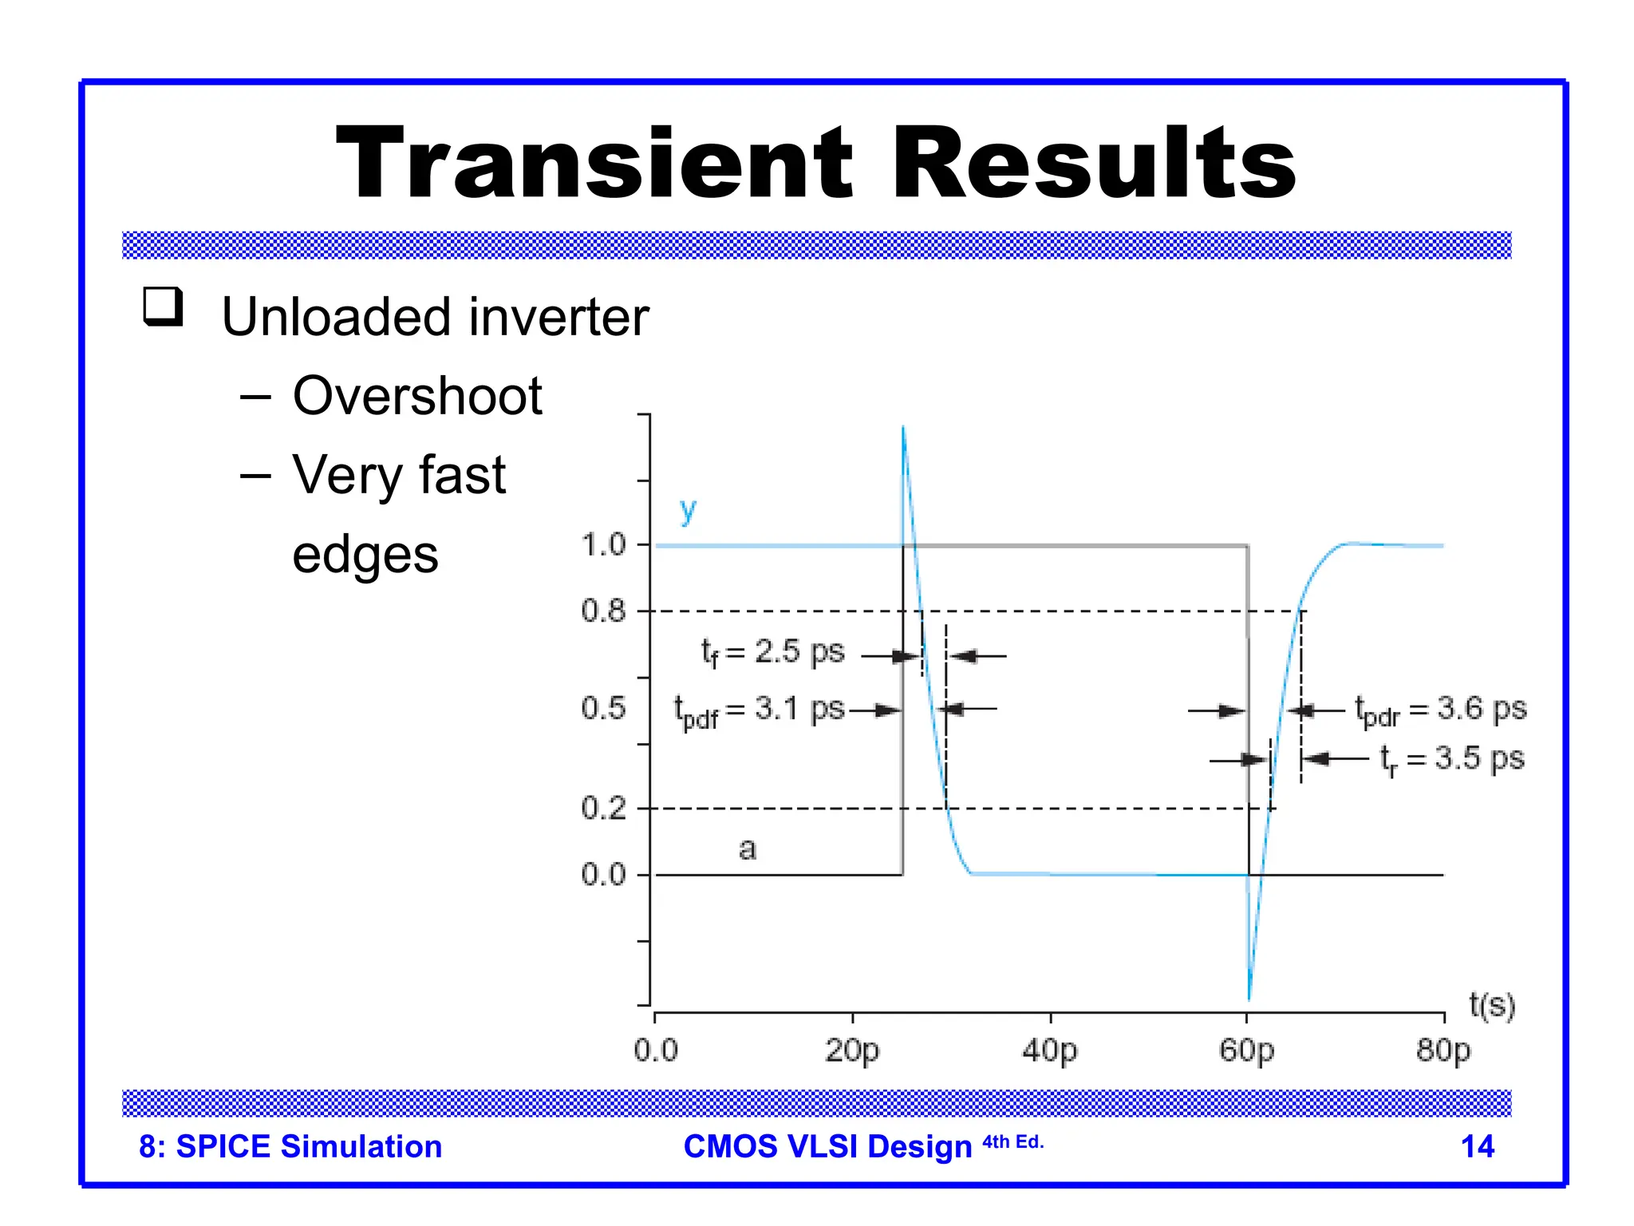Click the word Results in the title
(x=1094, y=164)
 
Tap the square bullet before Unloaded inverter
(x=163, y=306)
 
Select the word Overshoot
(x=416, y=396)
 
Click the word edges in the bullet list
(x=365, y=555)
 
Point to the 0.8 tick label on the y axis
(x=603, y=611)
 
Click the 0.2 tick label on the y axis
(x=603, y=809)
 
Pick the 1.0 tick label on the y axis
(x=603, y=545)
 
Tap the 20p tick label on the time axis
(x=851, y=1050)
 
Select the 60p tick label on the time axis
(x=1246, y=1050)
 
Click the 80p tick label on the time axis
(x=1443, y=1050)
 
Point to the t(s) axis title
(x=1491, y=1005)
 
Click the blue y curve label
(x=688, y=510)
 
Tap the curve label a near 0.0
(x=747, y=848)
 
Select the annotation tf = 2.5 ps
(x=772, y=653)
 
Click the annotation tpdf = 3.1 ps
(x=759, y=710)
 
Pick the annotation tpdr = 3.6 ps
(x=1440, y=710)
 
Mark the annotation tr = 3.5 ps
(x=1451, y=759)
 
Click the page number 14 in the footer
(x=1477, y=1146)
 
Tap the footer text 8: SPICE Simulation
(x=290, y=1146)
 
